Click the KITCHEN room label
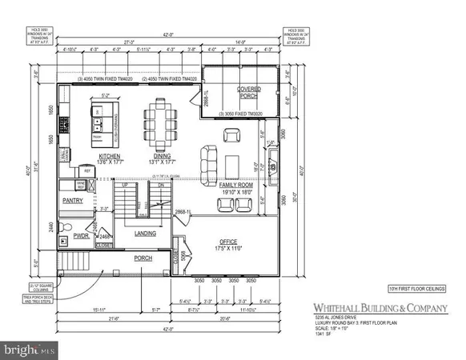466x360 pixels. pos(109,156)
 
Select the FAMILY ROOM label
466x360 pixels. pos(235,185)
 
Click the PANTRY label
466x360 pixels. pos(74,202)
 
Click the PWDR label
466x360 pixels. pos(80,237)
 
